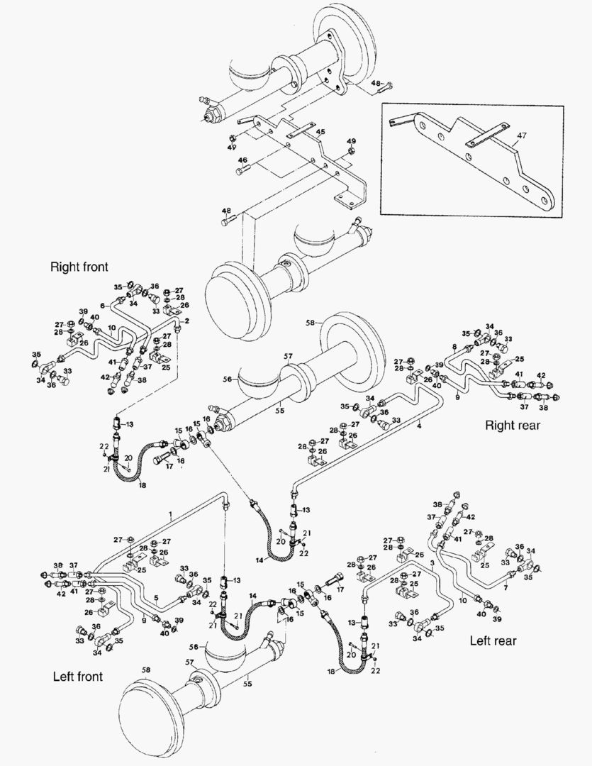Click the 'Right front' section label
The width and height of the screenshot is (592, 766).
click(x=79, y=267)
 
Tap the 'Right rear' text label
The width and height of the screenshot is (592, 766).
click(x=512, y=426)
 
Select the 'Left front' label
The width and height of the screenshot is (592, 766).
click(x=77, y=676)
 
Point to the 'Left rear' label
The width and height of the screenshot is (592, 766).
click(x=493, y=640)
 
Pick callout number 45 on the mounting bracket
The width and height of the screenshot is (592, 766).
click(x=320, y=132)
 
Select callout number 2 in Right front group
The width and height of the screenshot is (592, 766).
click(x=186, y=321)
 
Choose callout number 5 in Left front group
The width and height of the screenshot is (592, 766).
click(x=155, y=597)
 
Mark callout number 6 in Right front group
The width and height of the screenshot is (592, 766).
click(x=103, y=304)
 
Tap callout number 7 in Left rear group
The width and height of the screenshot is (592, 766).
click(x=505, y=588)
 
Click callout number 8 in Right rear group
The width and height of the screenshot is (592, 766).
click(x=454, y=347)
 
